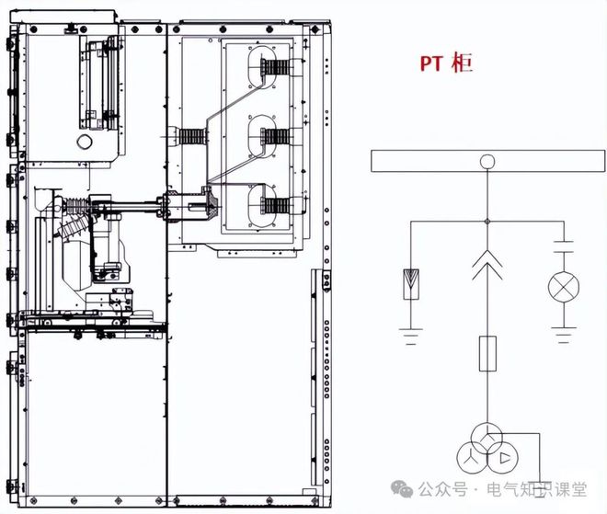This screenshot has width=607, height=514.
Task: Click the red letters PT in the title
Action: pyautogui.click(x=430, y=63)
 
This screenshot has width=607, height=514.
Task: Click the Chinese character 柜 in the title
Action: pyautogui.click(x=462, y=63)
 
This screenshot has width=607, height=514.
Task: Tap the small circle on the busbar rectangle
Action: pyautogui.click(x=487, y=161)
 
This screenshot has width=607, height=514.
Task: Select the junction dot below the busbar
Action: pyautogui.click(x=487, y=222)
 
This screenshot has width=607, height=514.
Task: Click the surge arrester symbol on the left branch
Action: pyautogui.click(x=411, y=284)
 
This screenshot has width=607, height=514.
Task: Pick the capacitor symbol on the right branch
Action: pyautogui.click(x=564, y=247)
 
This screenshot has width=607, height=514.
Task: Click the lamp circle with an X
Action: pyautogui.click(x=564, y=288)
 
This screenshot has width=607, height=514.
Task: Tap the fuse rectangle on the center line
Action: pyautogui.click(x=487, y=354)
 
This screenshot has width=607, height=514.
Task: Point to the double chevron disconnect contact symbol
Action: pyautogui.click(x=487, y=265)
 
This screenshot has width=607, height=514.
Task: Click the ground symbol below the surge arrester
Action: pyautogui.click(x=411, y=337)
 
